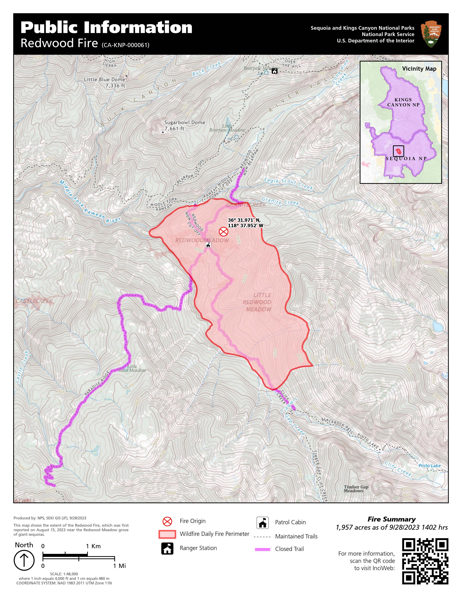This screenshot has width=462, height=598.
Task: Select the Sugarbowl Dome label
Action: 185,123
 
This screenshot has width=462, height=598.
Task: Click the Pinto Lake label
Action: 429,466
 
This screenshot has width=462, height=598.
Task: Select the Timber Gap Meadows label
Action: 356,489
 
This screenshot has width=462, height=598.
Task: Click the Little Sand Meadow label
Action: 132,368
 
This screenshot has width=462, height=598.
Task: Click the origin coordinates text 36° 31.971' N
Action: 244,220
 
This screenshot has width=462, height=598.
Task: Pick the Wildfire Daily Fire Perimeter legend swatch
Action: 167,534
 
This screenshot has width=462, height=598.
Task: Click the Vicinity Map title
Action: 419,69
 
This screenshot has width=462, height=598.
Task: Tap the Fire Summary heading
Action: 391,519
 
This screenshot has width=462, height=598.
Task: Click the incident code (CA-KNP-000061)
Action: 126,45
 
